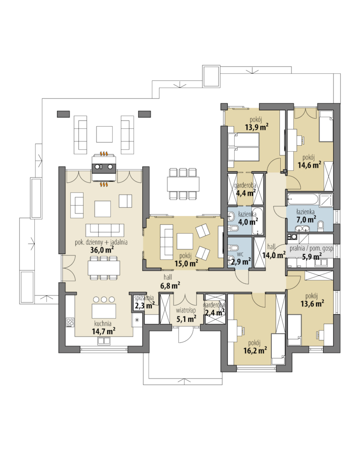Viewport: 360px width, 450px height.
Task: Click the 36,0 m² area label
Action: click(102, 250)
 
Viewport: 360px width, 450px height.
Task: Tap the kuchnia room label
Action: click(103, 323)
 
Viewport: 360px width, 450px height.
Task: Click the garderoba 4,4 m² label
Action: click(245, 189)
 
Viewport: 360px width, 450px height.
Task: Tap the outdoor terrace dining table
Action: click(183, 184)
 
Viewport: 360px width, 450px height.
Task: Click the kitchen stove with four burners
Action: click(70, 323)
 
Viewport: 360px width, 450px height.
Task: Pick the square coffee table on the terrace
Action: click(104, 134)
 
